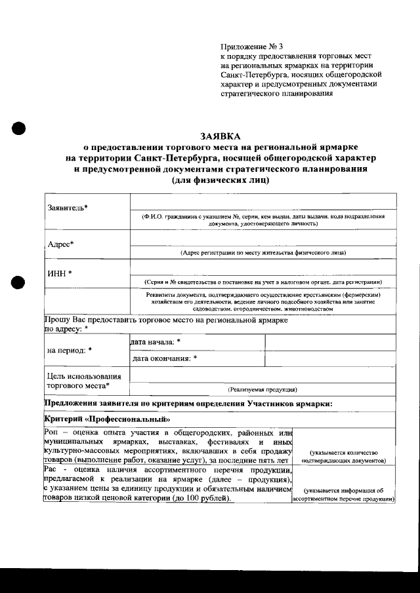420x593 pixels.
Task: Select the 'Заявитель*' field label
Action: (68, 208)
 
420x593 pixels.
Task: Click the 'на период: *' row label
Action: (70, 350)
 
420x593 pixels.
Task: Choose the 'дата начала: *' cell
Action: (156, 342)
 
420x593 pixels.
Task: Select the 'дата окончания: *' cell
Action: (164, 358)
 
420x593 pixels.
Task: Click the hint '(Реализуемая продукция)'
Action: (262, 389)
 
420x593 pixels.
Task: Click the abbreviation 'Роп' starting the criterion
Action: (51, 432)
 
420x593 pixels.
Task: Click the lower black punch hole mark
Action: (18, 282)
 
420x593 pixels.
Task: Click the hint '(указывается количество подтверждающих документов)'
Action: (343, 456)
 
